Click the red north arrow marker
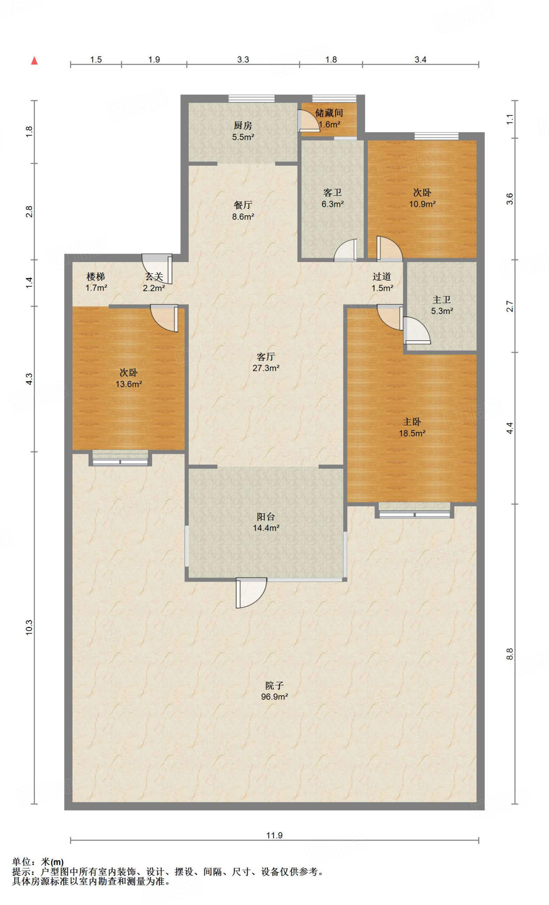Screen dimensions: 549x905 click(34, 61)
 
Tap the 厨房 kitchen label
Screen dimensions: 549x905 click(243, 126)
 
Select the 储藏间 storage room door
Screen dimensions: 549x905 click(309, 120)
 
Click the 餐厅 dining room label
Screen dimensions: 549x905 click(243, 205)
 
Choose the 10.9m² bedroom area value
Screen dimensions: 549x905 click(422, 204)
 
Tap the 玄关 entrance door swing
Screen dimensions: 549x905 click(157, 268)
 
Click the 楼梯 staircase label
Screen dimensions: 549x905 click(96, 277)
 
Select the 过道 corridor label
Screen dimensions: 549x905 click(382, 277)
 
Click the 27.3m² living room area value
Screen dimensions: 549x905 click(266, 368)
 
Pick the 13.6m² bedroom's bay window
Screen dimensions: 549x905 click(120, 458)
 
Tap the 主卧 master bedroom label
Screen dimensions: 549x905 click(412, 422)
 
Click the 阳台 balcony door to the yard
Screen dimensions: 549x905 click(251, 593)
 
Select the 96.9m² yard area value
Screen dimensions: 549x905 click(274, 697)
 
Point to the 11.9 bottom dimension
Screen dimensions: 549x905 click(274, 835)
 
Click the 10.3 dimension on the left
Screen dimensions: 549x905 click(29, 627)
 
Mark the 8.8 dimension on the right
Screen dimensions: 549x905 click(510, 654)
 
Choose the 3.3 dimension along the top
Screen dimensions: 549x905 click(243, 60)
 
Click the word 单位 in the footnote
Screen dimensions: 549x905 click(22, 862)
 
